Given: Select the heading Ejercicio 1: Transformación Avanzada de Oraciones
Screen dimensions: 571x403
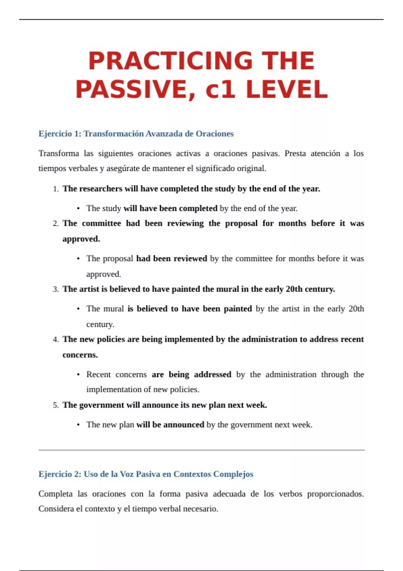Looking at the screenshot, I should [x=136, y=134].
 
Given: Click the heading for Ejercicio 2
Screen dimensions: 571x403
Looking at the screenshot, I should [x=146, y=474].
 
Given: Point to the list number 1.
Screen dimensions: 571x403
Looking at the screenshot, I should [x=55, y=189].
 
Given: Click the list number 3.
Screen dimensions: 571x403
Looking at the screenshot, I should [x=55, y=290].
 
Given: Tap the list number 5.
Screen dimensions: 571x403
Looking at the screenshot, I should [x=55, y=405].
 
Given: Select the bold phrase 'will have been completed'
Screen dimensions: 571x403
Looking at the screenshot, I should [x=170, y=208].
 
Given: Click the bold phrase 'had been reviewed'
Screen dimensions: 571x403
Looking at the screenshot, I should [x=172, y=259].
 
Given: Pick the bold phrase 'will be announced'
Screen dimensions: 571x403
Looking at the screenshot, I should [x=170, y=425].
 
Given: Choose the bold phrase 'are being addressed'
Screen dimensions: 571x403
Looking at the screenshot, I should [x=191, y=375].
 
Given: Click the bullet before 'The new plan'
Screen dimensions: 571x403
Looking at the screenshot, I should [x=78, y=425].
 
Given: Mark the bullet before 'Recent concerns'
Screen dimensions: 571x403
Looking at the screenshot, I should [x=78, y=375].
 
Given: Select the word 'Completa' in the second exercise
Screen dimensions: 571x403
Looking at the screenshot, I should [x=55, y=494].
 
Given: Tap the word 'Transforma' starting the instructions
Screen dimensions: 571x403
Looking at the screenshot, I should [x=59, y=153].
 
